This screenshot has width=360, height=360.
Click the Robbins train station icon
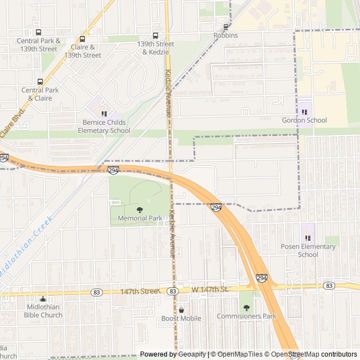pos(226,26)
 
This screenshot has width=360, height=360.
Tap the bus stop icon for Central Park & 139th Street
pos(38,32)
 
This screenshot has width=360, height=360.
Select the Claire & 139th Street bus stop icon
pos(83,39)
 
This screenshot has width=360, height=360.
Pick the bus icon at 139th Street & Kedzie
pos(156,35)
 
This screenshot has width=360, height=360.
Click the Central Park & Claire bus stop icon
pos(40,82)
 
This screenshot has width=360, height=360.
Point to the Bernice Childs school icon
pos(103,114)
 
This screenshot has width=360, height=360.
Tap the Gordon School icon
pos(304,111)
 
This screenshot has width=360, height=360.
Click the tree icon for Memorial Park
pos(140,210)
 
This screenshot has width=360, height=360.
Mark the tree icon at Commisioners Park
pos(246,308)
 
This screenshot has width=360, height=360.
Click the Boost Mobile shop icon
pos(181,310)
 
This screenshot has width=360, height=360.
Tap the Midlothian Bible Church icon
pos(44,299)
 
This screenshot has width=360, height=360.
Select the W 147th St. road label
pos(209,290)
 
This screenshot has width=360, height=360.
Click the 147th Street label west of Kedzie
pos(139,291)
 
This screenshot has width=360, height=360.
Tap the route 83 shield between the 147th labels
pos(173,291)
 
